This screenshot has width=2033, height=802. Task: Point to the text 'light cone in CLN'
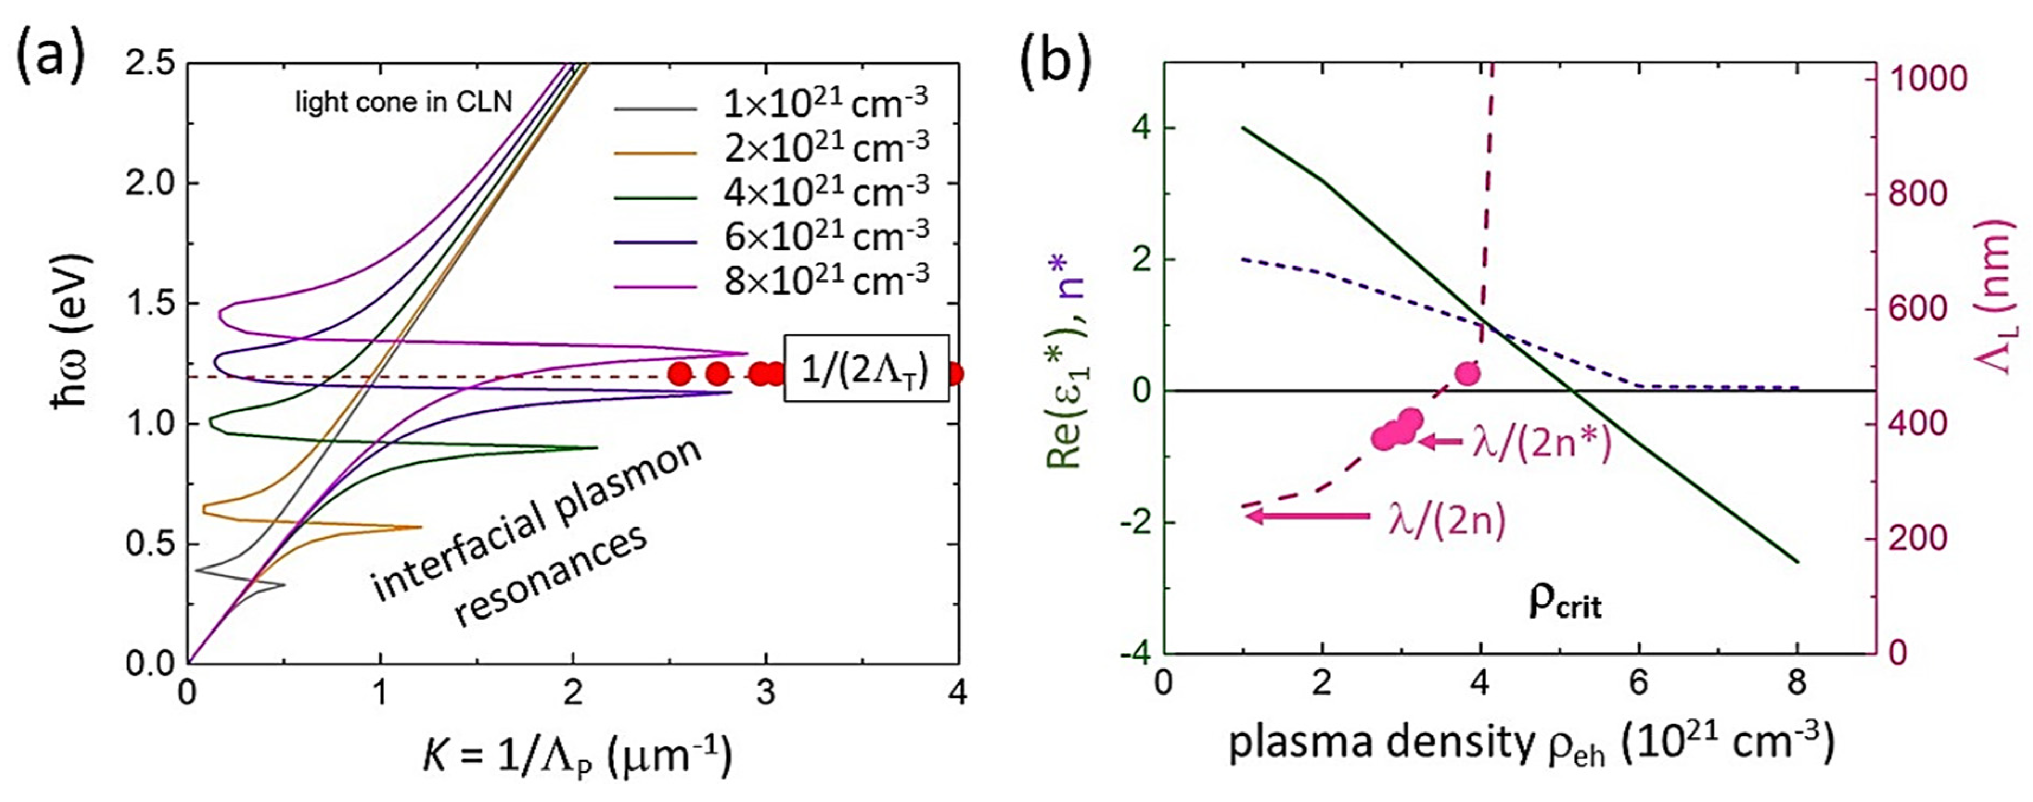point(403,102)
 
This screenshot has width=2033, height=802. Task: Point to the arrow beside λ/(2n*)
point(1441,442)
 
